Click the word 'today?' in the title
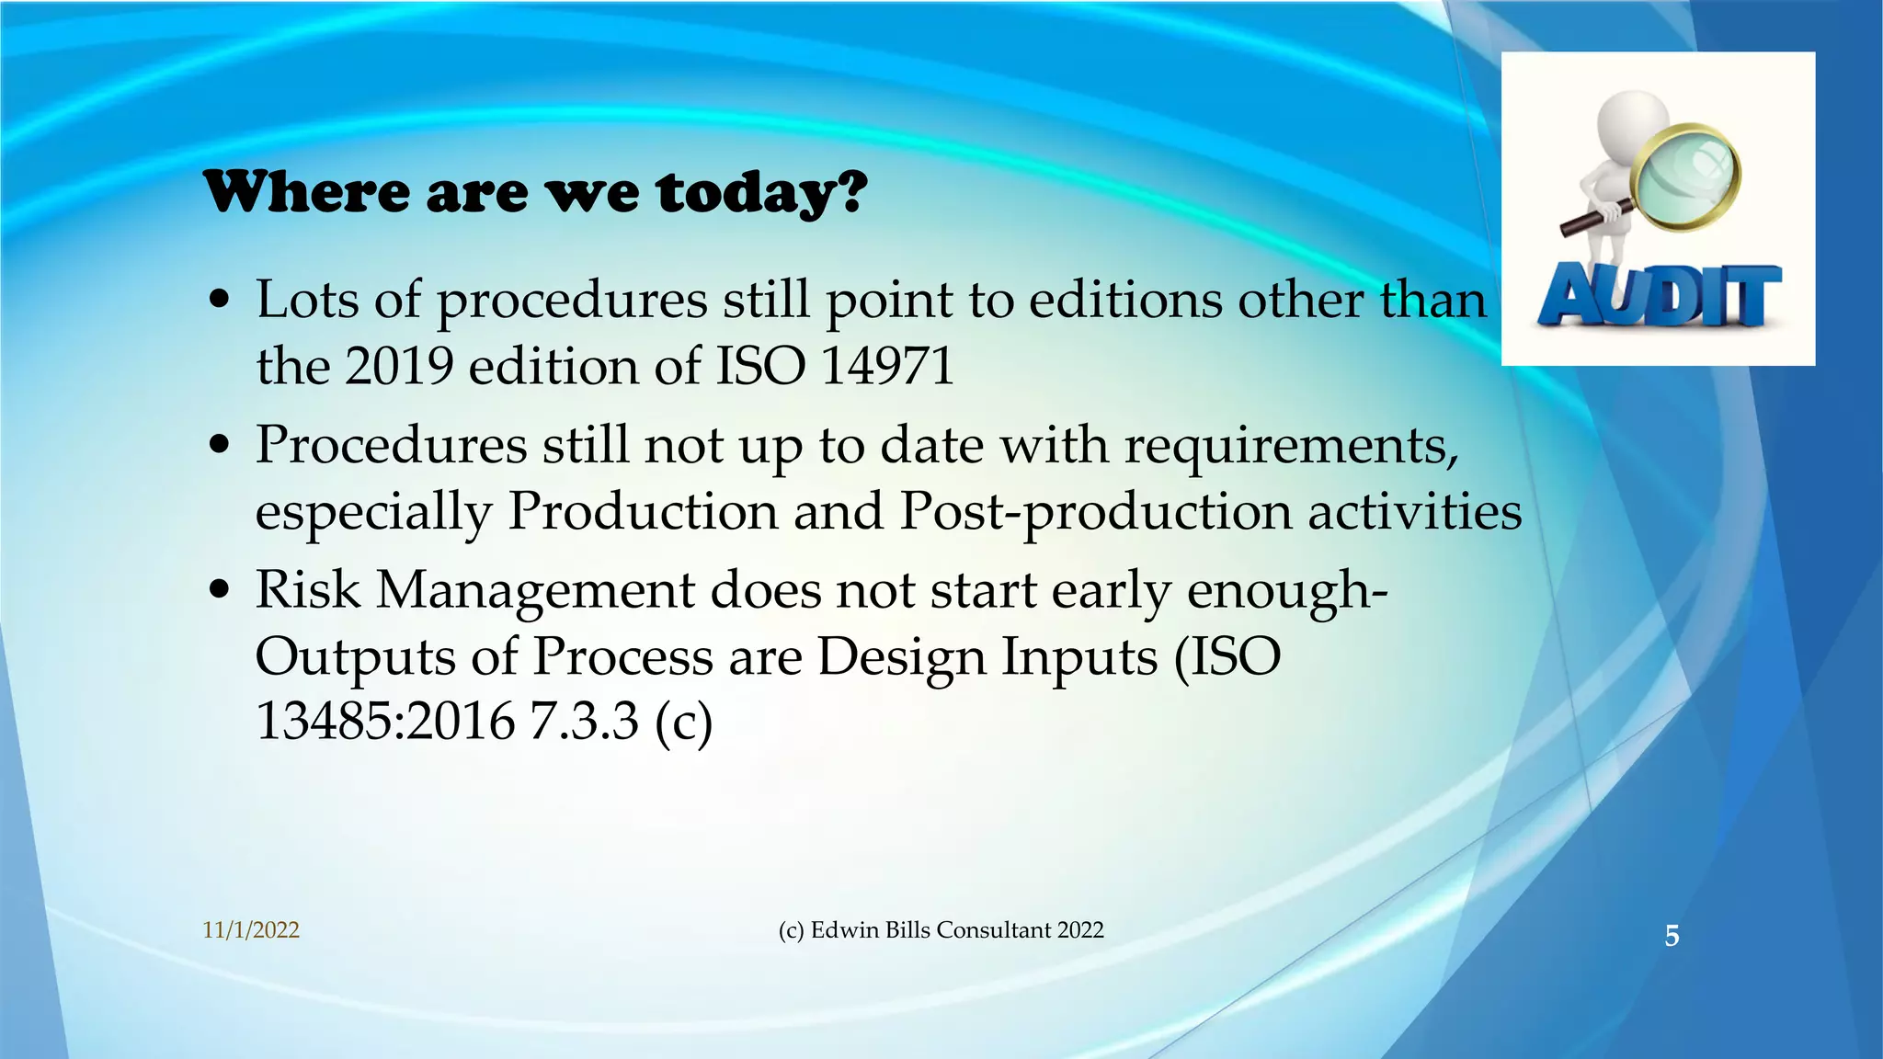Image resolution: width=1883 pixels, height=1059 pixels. pyautogui.click(x=761, y=193)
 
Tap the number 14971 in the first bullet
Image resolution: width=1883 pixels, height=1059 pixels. pyautogui.click(x=886, y=366)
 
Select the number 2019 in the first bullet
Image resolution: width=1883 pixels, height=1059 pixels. pyautogui.click(x=399, y=366)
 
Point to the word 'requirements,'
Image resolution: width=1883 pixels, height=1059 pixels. pyautogui.click(x=1291, y=446)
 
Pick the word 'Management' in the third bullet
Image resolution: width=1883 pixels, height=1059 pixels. pyautogui.click(x=535, y=590)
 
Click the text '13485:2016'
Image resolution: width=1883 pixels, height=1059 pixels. pyautogui.click(x=384, y=721)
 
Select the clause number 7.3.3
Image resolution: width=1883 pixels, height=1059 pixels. pyautogui.click(x=583, y=721)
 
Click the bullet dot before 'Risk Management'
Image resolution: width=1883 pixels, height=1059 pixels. pyautogui.click(x=219, y=589)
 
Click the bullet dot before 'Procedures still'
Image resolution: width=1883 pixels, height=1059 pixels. pyautogui.click(x=219, y=445)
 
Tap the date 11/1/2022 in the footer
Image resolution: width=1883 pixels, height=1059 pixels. pyautogui.click(x=251, y=930)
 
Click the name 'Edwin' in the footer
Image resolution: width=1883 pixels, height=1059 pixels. pyautogui.click(x=844, y=930)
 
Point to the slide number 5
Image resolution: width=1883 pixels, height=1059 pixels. pyautogui.click(x=1672, y=936)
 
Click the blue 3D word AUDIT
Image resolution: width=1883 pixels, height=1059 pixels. pyautogui.click(x=1660, y=296)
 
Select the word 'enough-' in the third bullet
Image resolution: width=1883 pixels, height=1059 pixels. pyautogui.click(x=1287, y=590)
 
